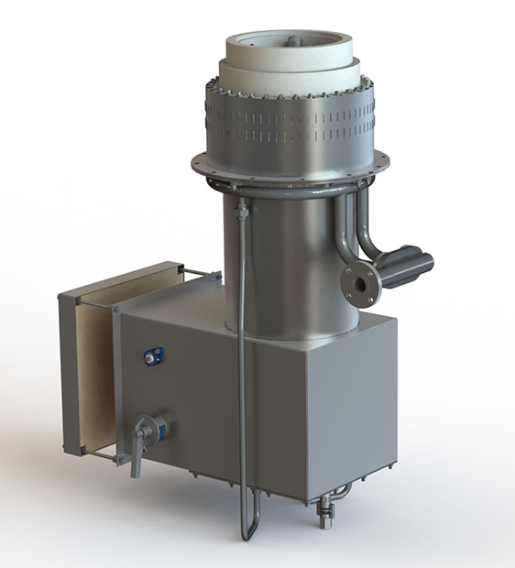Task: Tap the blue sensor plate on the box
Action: click(x=149, y=356)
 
